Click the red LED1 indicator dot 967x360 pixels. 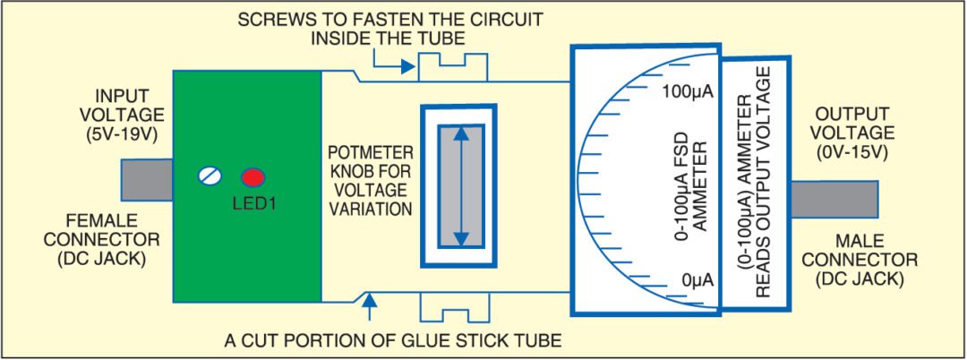pos(252,176)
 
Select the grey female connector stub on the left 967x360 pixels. pos(146,179)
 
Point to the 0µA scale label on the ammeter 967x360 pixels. pos(697,279)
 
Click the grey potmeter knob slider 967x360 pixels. pos(460,185)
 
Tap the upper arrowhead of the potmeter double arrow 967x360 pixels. pos(460,133)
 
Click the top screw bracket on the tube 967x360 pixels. pos(455,67)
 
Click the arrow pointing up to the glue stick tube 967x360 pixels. pos(369,308)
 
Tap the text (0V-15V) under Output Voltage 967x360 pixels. pos(851,152)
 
